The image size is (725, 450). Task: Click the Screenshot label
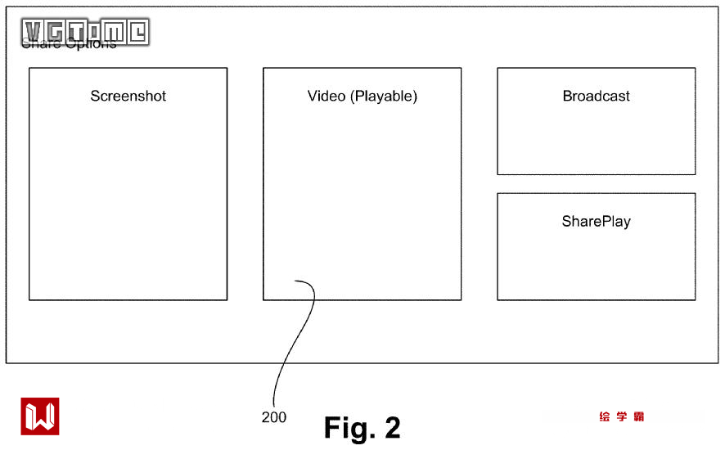click(x=128, y=96)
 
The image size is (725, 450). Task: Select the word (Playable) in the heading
click(x=384, y=97)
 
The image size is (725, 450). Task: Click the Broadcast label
click(x=596, y=96)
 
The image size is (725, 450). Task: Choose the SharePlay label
click(x=596, y=221)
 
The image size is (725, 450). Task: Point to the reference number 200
click(x=274, y=417)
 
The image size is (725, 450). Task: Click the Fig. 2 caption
click(x=362, y=427)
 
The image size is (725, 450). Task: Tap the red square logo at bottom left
click(x=40, y=416)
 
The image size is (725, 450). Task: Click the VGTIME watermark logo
click(x=85, y=32)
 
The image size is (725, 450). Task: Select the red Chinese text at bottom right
click(x=621, y=416)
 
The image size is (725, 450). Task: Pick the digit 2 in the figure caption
click(x=392, y=427)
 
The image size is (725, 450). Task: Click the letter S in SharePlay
click(x=566, y=221)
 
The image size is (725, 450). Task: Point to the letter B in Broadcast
click(x=567, y=96)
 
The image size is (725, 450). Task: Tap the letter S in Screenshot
click(x=95, y=96)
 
